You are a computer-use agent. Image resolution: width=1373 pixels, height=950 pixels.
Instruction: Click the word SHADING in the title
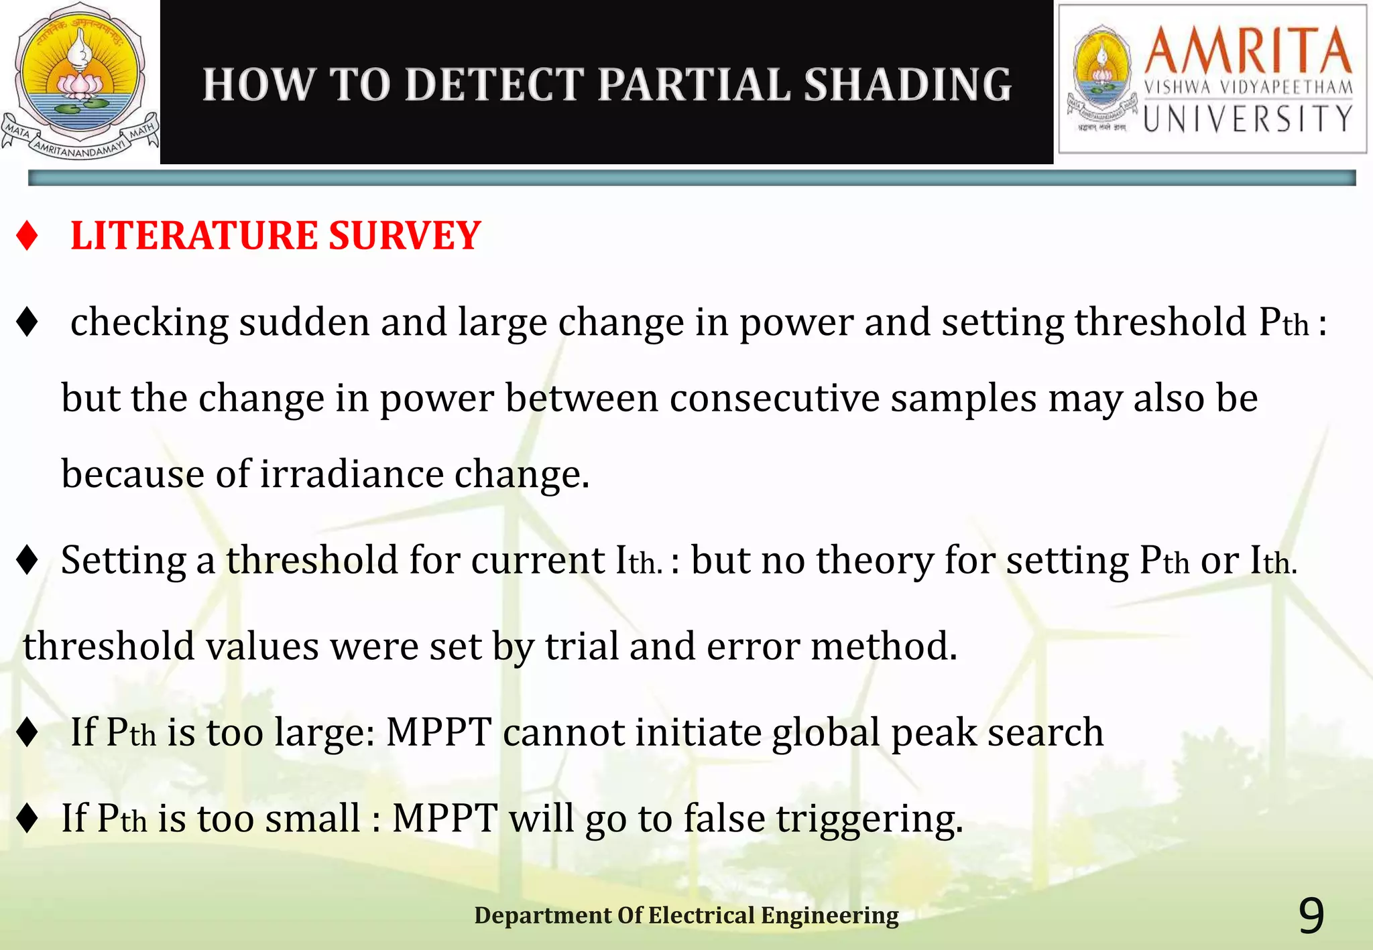tap(908, 85)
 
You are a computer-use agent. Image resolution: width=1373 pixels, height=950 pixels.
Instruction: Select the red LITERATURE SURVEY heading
tap(276, 236)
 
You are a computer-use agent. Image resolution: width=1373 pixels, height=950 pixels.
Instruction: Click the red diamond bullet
tap(27, 236)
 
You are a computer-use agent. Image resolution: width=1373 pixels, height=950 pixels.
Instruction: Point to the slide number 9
tap(1311, 916)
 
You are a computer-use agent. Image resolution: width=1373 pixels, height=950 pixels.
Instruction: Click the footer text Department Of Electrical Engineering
tap(686, 915)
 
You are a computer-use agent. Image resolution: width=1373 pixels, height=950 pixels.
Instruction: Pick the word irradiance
tap(351, 474)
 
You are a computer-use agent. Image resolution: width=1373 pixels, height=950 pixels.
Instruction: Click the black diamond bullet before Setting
tap(27, 560)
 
